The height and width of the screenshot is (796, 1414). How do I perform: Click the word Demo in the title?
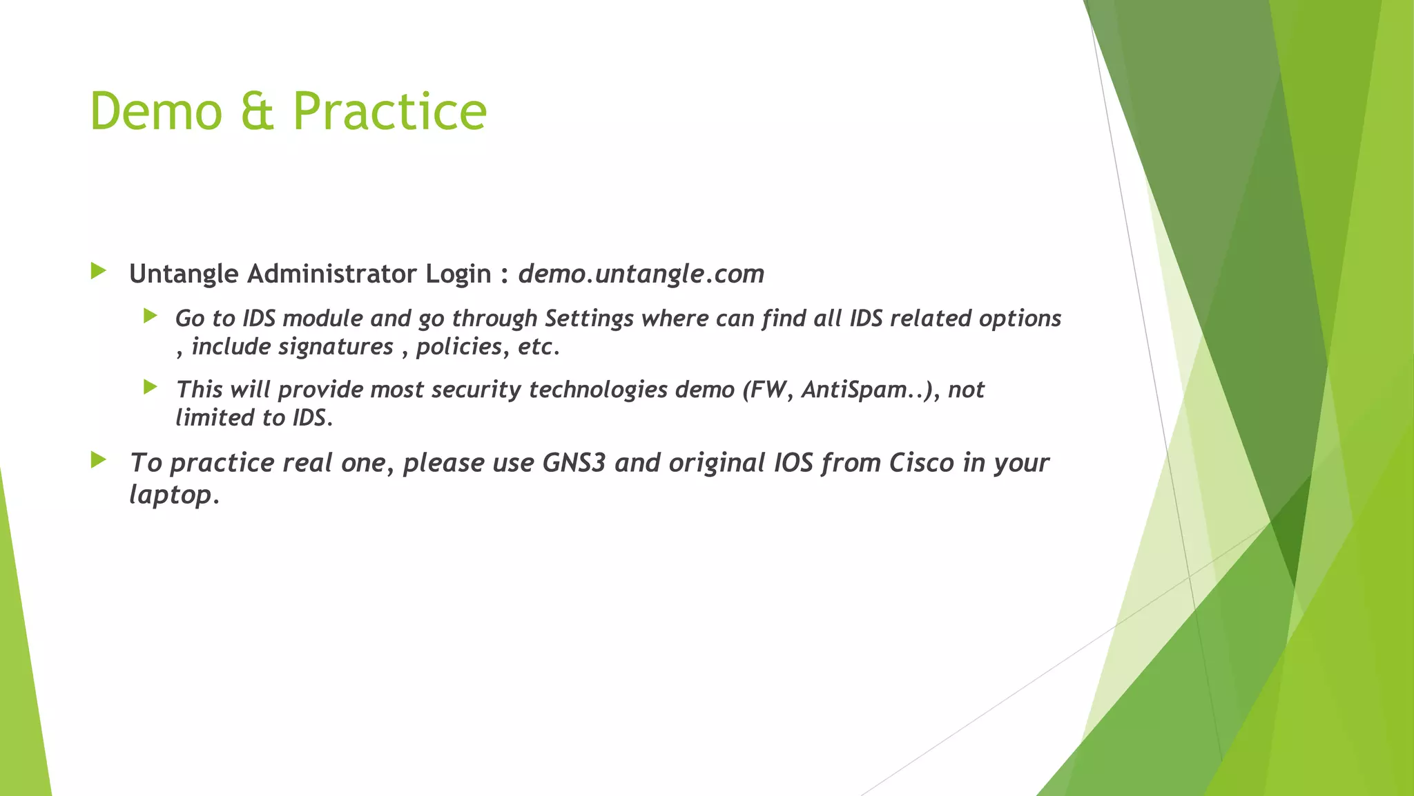click(156, 111)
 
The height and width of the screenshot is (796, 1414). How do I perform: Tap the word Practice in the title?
click(390, 111)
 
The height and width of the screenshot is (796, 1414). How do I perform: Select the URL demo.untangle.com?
click(641, 274)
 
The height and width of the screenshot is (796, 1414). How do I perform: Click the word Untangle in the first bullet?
click(184, 274)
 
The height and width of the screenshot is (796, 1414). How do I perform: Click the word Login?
click(458, 274)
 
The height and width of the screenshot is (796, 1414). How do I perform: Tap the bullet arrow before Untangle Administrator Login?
click(98, 271)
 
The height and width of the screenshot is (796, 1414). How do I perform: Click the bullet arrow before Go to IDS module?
click(151, 316)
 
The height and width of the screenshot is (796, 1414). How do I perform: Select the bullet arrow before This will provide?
click(151, 387)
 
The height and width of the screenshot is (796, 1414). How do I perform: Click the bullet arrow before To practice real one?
click(98, 459)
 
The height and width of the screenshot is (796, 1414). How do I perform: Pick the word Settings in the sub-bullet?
click(589, 319)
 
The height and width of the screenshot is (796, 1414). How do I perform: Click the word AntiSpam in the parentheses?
click(853, 390)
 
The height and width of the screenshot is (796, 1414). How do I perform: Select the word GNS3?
click(574, 463)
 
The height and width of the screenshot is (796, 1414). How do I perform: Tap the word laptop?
click(171, 495)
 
